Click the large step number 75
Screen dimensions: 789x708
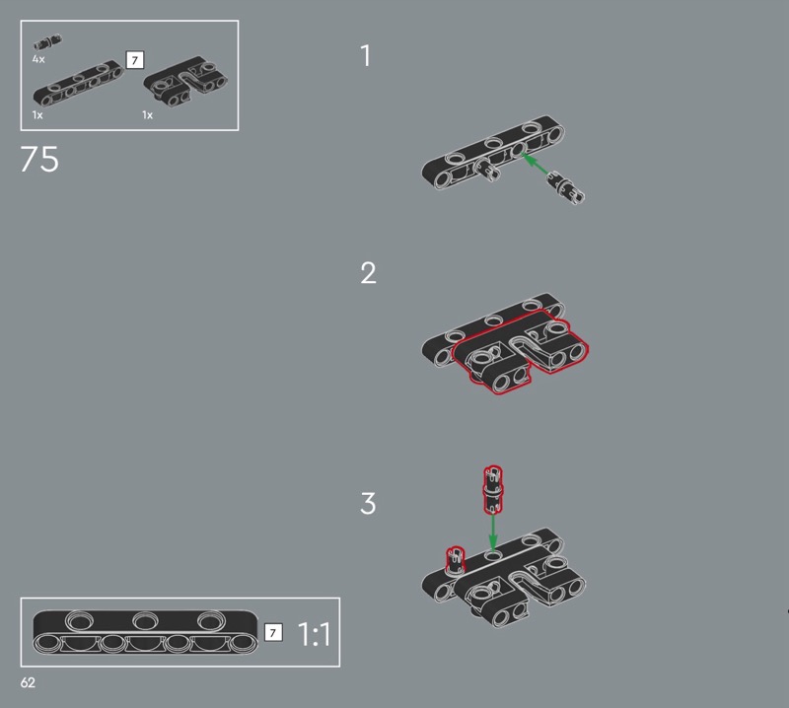coord(39,159)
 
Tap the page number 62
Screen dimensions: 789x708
coord(28,682)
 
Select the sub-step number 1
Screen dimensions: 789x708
coord(366,55)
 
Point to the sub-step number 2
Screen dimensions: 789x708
coord(368,273)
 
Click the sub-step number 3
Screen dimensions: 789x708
coord(368,503)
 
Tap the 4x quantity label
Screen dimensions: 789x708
coord(38,59)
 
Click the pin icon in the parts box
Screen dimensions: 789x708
coord(47,42)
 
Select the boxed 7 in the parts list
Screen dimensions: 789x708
coord(135,60)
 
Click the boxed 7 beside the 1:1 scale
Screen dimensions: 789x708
coord(273,632)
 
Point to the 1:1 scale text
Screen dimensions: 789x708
coord(314,634)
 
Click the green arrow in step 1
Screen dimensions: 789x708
coord(536,165)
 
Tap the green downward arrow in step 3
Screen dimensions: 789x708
coord(493,531)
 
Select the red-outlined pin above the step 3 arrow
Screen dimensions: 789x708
coord(493,490)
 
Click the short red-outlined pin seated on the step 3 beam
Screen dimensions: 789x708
coord(456,559)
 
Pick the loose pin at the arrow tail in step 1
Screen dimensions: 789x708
coord(565,187)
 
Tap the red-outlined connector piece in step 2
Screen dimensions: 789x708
coord(520,351)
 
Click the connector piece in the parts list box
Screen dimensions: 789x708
coord(185,82)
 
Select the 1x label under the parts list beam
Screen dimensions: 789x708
coord(37,115)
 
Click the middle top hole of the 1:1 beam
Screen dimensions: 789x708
coord(145,620)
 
